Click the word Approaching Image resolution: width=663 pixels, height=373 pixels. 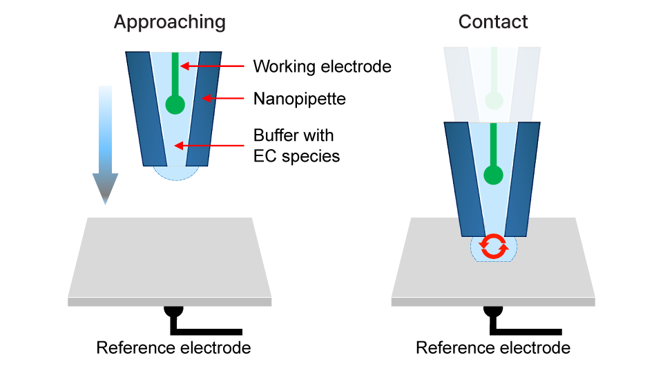click(169, 22)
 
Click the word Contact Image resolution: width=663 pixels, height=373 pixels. click(493, 22)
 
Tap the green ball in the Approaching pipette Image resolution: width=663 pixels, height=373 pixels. click(175, 105)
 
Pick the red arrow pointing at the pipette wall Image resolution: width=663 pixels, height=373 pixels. click(223, 99)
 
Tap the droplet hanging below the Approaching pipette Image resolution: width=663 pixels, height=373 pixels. click(175, 173)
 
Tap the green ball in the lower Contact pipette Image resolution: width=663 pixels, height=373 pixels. click(493, 175)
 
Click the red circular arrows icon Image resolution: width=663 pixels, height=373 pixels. click(493, 247)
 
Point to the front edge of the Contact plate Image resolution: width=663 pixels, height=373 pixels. click(493, 302)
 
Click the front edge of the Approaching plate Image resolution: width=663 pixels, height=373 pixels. click(170, 302)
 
